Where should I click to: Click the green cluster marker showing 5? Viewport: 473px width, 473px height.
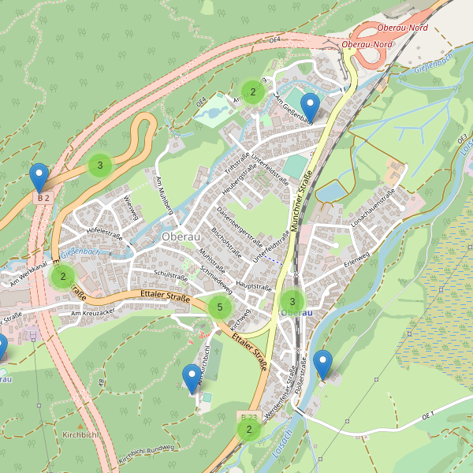click(x=220, y=307)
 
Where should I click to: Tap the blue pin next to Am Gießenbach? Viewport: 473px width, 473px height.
click(x=311, y=108)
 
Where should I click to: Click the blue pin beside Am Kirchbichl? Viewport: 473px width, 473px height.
click(x=191, y=378)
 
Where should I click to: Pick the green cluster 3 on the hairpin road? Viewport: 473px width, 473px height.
click(x=100, y=166)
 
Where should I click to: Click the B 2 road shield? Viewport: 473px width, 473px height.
click(x=43, y=197)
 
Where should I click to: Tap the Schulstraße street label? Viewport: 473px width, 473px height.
click(x=169, y=277)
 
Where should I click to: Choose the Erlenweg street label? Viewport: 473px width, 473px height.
click(x=356, y=257)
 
